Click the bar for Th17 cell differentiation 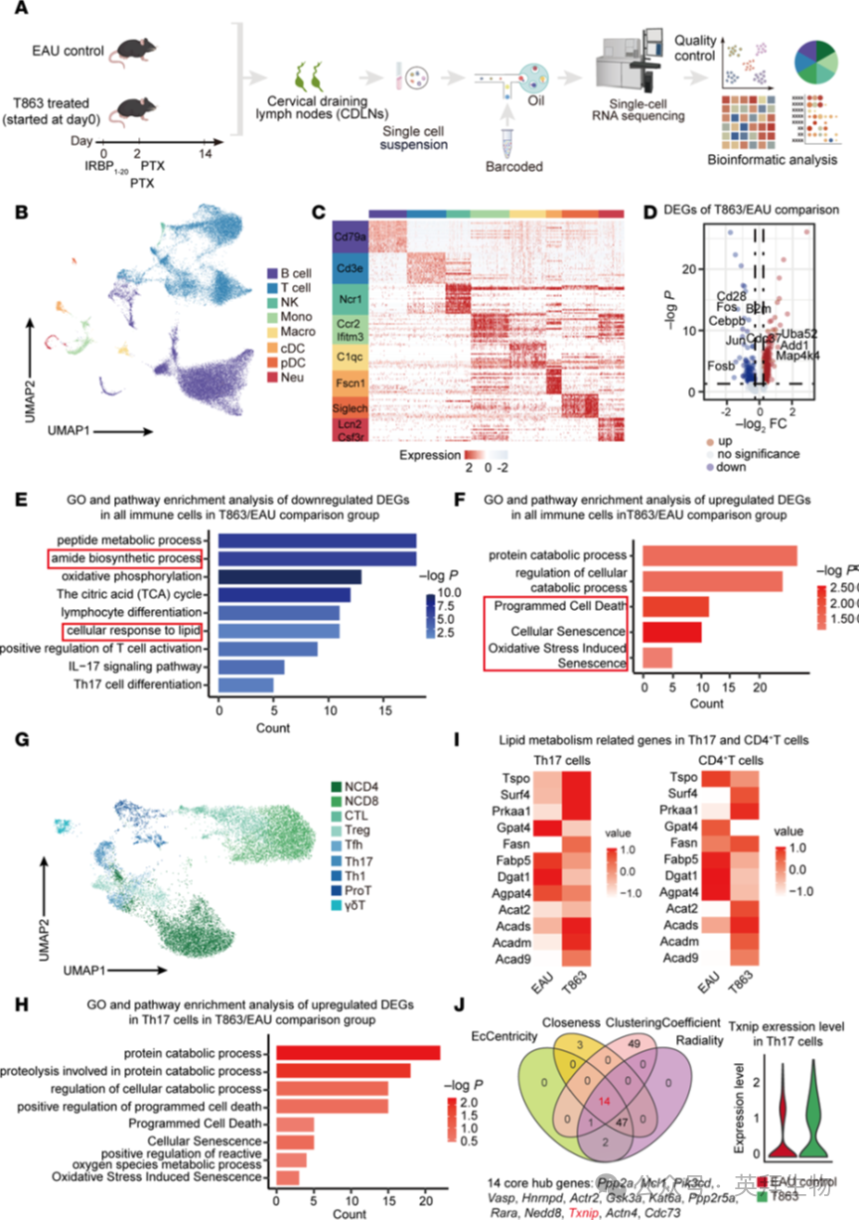[245, 685]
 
